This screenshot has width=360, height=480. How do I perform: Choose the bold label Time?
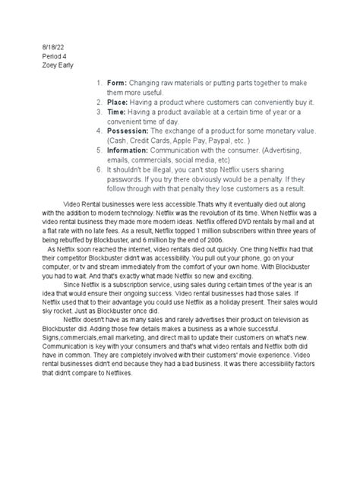(x=118, y=111)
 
